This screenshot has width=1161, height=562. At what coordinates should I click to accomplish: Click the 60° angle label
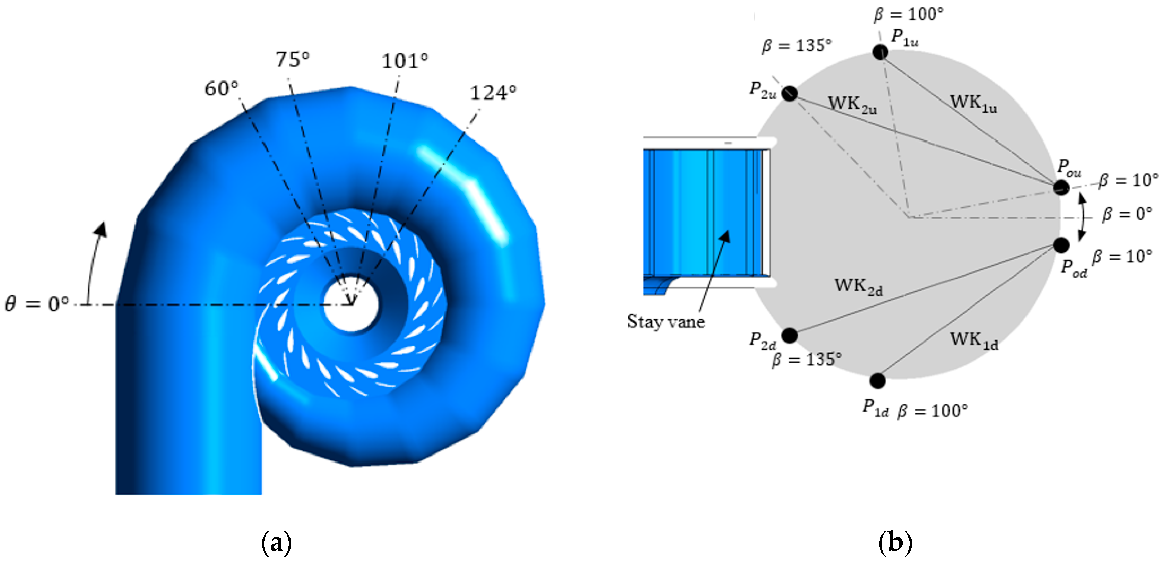point(221,88)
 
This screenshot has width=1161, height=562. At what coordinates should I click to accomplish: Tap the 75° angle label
point(293,59)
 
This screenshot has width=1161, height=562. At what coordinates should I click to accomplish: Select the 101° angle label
point(404,61)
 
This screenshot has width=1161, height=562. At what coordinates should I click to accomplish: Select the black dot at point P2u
point(789,93)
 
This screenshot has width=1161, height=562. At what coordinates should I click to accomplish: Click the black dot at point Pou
point(1061,187)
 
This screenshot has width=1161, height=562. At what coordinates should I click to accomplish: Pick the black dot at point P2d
point(789,335)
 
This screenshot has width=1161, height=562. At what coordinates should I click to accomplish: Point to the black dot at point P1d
point(878,381)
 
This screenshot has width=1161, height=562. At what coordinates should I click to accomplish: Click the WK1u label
point(973,104)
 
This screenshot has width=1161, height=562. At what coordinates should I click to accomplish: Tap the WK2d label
point(858,287)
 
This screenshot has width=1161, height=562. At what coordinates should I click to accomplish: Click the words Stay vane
point(666,321)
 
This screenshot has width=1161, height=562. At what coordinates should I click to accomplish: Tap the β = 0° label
point(1127,214)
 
